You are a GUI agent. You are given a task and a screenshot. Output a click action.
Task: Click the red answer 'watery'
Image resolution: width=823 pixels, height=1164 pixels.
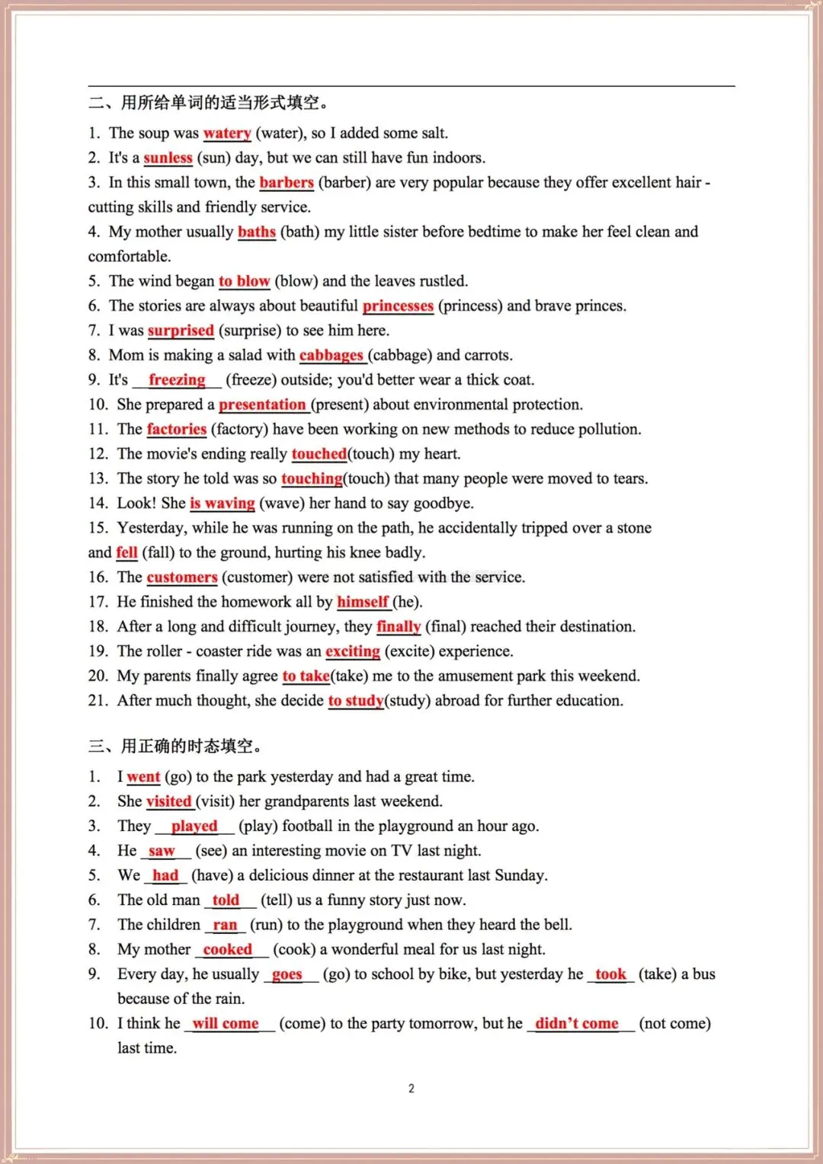click(x=227, y=133)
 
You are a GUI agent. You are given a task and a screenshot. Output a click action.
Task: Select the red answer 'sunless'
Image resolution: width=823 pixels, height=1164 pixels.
click(x=168, y=158)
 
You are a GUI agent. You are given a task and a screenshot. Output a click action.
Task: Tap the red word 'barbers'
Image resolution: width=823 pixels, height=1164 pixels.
click(x=287, y=182)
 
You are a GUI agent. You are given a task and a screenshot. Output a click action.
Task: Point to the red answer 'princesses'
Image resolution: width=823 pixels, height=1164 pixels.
click(x=398, y=305)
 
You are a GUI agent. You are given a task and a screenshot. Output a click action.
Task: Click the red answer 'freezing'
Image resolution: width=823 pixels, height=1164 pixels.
click(x=177, y=379)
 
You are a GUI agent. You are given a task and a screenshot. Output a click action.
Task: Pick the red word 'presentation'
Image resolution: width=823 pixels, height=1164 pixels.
click(x=262, y=405)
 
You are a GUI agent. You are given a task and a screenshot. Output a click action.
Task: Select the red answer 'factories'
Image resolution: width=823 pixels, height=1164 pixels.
click(x=177, y=429)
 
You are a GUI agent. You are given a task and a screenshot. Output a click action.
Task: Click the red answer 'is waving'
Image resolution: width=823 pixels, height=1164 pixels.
click(x=223, y=503)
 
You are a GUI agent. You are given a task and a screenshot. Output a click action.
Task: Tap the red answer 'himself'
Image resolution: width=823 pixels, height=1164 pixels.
click(x=363, y=602)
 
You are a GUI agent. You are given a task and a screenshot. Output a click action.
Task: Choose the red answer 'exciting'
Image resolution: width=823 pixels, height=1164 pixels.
click(x=352, y=651)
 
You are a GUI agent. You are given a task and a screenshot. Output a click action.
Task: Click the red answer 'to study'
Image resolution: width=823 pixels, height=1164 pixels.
click(x=356, y=701)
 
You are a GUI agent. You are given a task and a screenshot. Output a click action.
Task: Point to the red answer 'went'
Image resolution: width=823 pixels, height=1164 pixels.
click(x=143, y=777)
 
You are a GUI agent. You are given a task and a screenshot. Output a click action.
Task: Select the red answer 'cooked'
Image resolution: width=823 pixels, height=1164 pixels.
click(x=227, y=949)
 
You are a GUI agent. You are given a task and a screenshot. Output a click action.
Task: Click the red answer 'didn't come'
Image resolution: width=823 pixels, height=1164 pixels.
click(x=577, y=1023)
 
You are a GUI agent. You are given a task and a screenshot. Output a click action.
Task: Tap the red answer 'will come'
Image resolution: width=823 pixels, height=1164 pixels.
click(x=226, y=1023)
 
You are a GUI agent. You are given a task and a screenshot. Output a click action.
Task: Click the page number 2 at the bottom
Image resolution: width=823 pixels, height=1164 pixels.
click(x=411, y=1089)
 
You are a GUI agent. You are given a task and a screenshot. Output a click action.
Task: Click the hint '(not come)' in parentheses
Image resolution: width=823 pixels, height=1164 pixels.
click(x=674, y=1023)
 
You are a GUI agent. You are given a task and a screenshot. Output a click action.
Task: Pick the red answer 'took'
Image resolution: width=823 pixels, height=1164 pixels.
click(x=610, y=974)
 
